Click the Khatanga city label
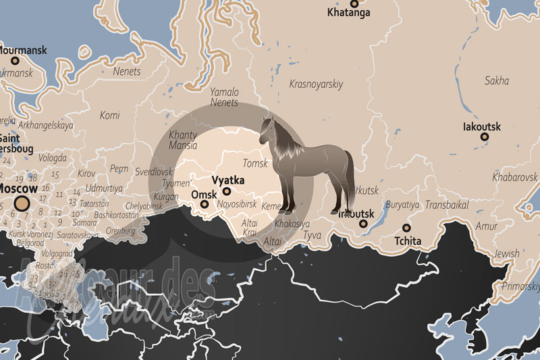pos(348,12)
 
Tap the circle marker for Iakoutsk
pos(485,137)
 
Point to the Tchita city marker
pos(406,228)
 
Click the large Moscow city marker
pos(22,205)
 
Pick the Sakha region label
pos(497,81)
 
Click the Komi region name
pos(109,115)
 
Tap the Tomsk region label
pos(255,163)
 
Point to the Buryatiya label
pos(402,205)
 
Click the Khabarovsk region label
pos(514,177)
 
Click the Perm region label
pos(119,168)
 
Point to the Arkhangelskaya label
pos(46,125)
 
